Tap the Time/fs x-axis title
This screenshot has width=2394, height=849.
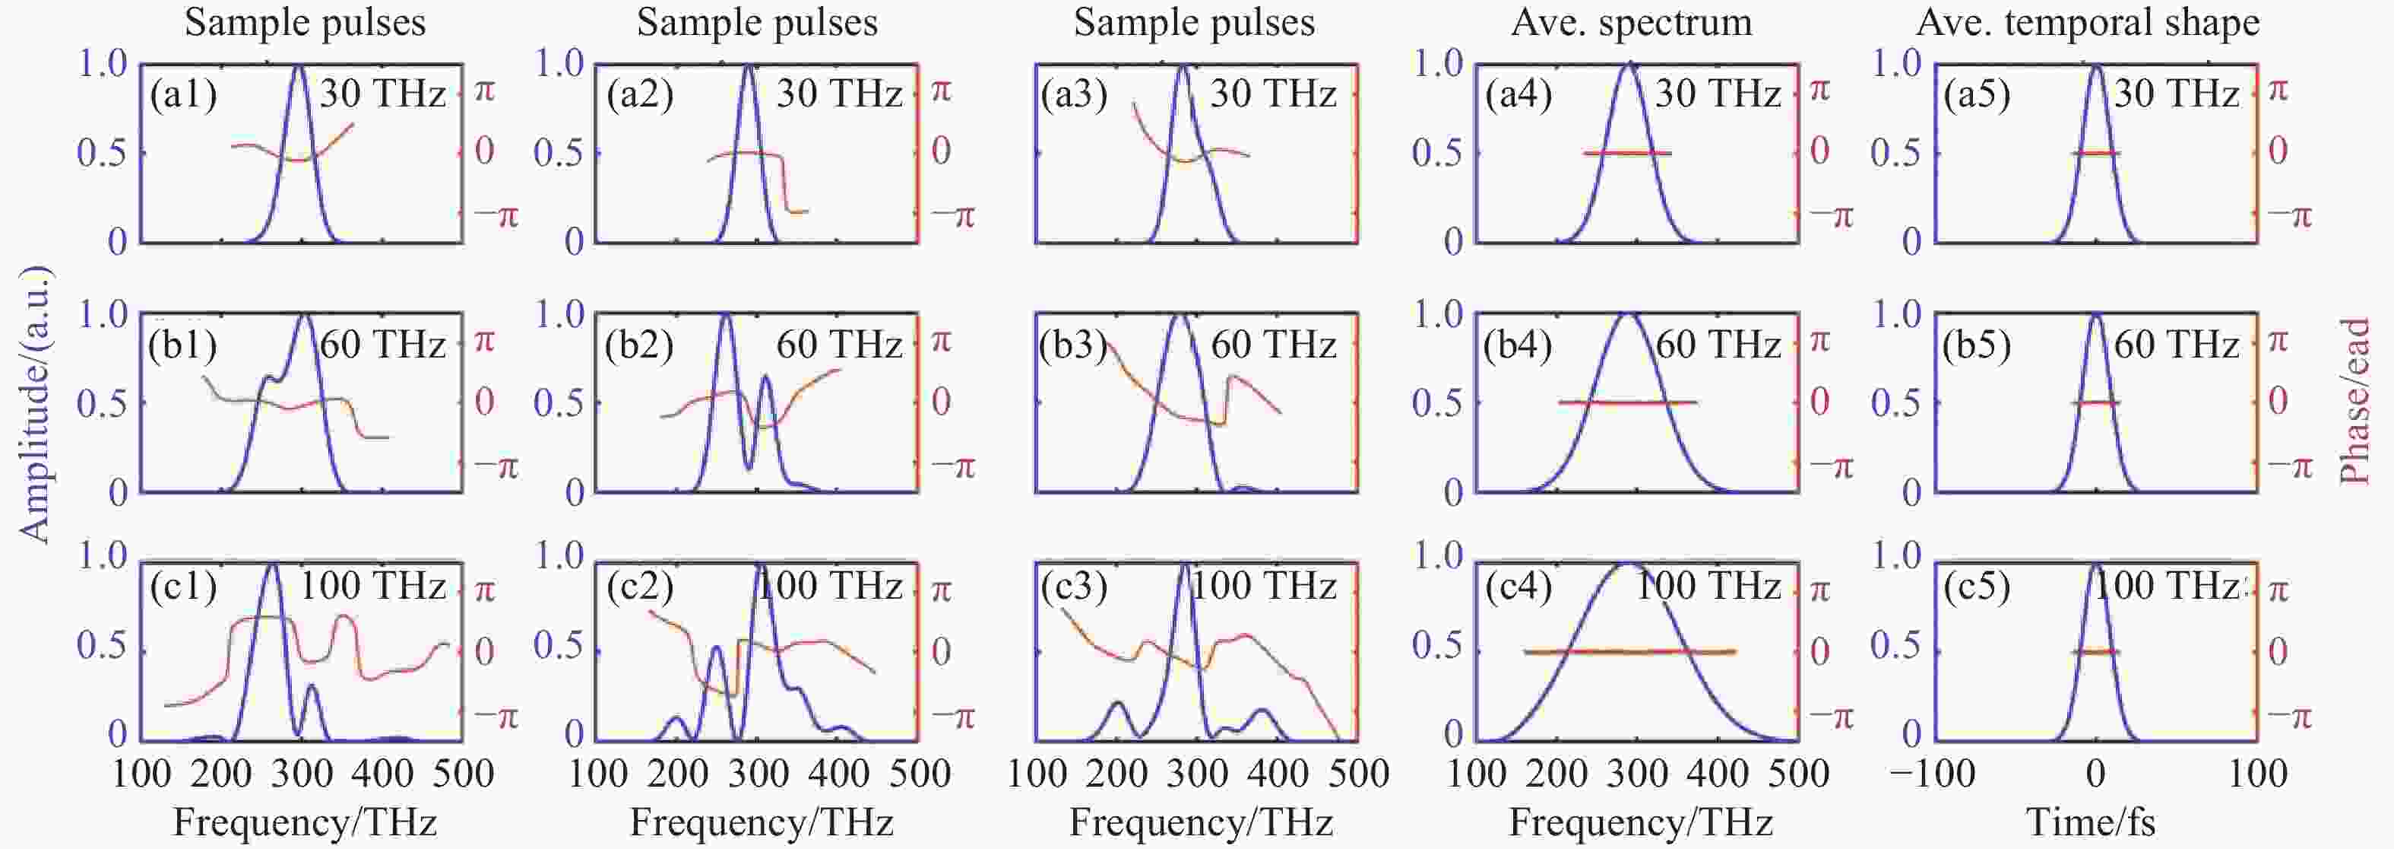pyautogui.click(x=2091, y=822)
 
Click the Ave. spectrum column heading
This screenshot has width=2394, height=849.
pyautogui.click(x=1631, y=22)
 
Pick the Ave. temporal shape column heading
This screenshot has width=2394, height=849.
pyautogui.click(x=2087, y=22)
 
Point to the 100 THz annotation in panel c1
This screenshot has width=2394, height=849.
pyautogui.click(x=372, y=587)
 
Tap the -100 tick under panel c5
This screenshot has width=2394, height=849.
pyautogui.click(x=1933, y=774)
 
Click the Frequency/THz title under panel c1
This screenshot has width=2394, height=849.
pyautogui.click(x=305, y=822)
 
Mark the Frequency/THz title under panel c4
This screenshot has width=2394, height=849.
pyautogui.click(x=1640, y=822)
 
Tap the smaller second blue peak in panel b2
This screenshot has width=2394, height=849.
pyautogui.click(x=766, y=377)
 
